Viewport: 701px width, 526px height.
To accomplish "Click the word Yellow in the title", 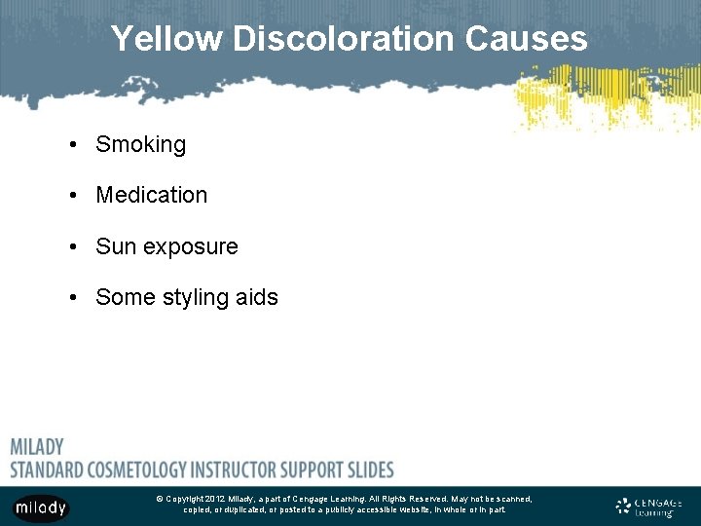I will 166,39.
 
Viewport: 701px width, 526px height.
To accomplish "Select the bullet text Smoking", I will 140,145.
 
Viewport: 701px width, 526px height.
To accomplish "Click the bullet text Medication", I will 151,195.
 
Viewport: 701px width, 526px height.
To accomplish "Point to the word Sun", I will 115,246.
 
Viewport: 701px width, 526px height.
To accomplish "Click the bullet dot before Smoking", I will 74,145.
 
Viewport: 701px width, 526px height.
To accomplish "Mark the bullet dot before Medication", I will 74,196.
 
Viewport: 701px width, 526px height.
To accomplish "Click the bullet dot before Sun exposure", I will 74,247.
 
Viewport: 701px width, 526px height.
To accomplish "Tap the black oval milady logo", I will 40,507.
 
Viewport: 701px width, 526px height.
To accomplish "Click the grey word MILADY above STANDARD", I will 37,447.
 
